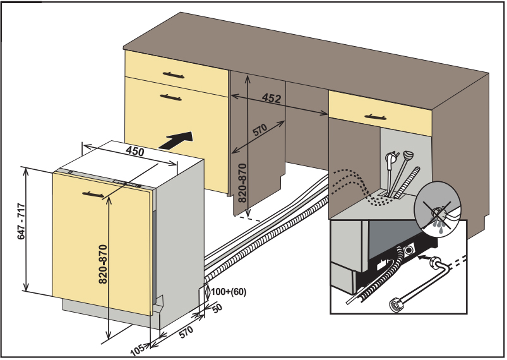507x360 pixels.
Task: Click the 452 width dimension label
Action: click(271, 99)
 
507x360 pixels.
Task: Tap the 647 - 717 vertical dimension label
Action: click(21, 222)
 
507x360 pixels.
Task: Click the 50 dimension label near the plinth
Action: click(217, 308)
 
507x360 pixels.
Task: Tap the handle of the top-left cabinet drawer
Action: click(175, 75)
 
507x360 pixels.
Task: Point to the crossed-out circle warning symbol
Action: click(437, 206)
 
